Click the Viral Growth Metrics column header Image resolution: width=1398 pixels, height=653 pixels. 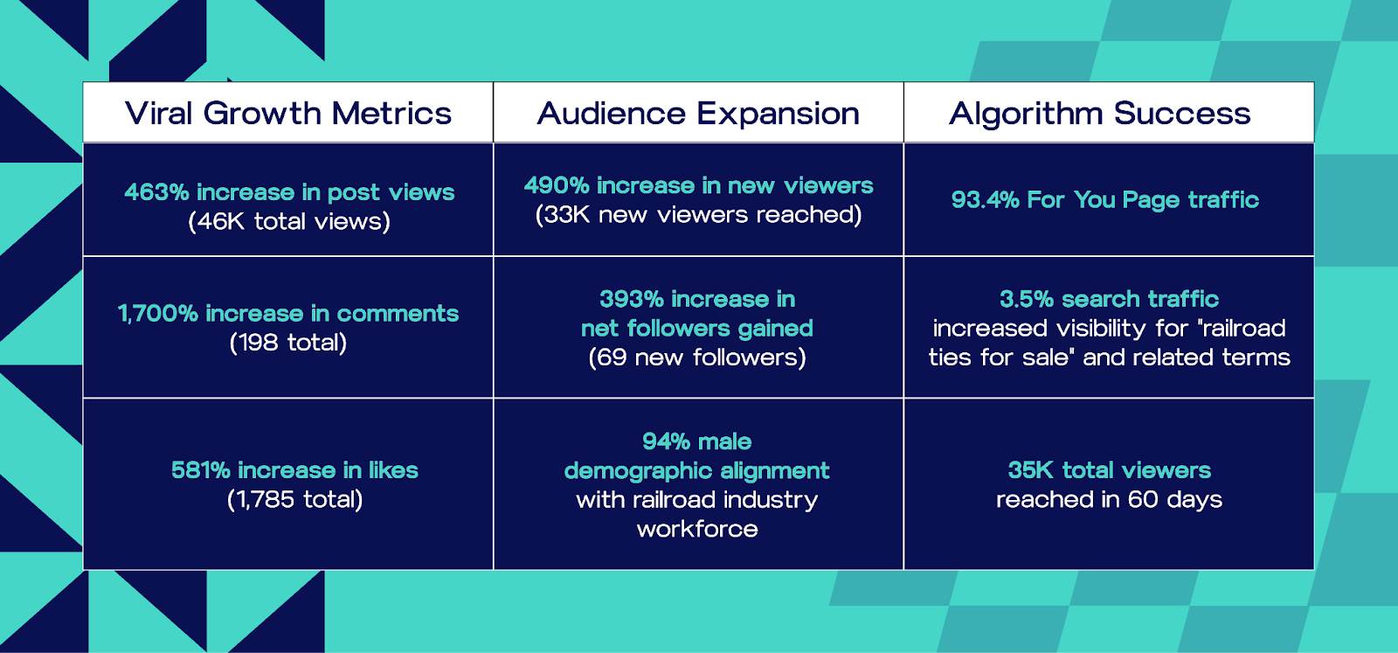pyautogui.click(x=287, y=113)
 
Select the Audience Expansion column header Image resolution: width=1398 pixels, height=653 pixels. pyautogui.click(x=698, y=114)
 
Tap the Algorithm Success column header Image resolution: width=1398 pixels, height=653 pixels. pyautogui.click(x=1100, y=114)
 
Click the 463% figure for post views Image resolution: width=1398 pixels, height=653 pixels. pyautogui.click(x=156, y=192)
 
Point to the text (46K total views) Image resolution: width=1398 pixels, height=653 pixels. pyautogui.click(x=289, y=222)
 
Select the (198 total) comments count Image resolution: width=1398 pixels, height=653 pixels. pyautogui.click(x=287, y=343)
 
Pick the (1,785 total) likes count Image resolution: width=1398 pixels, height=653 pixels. pyautogui.click(x=294, y=499)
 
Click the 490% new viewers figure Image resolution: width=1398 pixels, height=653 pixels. pyautogui.click(x=556, y=185)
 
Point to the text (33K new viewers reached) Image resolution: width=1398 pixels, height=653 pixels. pyautogui.click(x=698, y=215)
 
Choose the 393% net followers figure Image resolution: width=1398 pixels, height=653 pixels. pyautogui.click(x=632, y=299)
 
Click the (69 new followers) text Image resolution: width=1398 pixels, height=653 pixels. pyautogui.click(x=697, y=358)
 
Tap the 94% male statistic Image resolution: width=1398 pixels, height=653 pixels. pyautogui.click(x=696, y=442)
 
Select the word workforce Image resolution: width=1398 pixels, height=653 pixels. pyautogui.click(x=697, y=530)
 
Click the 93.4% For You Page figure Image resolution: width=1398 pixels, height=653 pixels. pyautogui.click(x=985, y=200)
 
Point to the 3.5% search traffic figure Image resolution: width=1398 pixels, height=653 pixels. pyautogui.click(x=1028, y=299)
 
